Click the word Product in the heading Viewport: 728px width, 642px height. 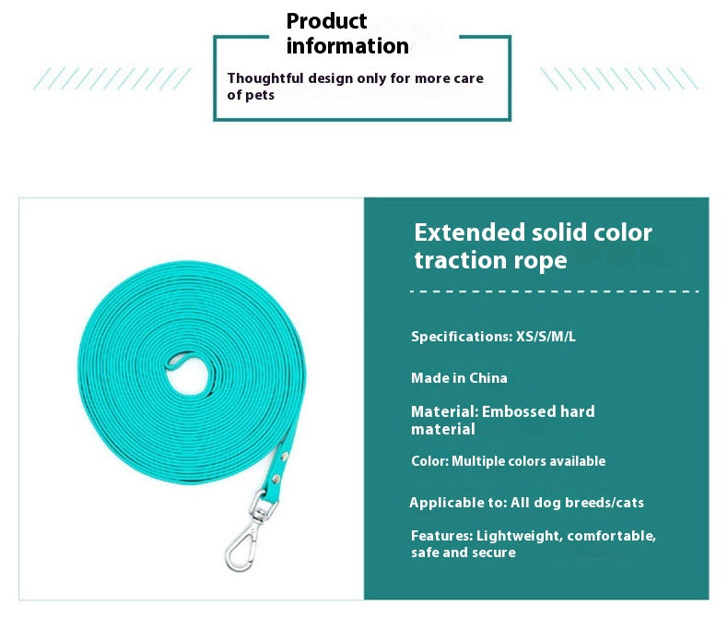tap(326, 21)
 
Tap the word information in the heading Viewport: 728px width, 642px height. tap(347, 46)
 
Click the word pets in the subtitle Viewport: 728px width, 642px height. tap(260, 95)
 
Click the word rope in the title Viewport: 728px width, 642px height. tap(540, 260)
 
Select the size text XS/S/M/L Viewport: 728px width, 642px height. tap(546, 336)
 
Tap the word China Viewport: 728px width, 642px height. tap(488, 378)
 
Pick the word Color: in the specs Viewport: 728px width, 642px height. tap(430, 461)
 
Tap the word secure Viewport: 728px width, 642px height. tap(498, 553)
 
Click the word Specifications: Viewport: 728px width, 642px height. tap(462, 337)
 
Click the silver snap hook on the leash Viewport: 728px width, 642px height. tap(241, 548)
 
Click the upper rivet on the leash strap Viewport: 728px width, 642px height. tap(284, 457)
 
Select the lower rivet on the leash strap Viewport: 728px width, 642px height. tap(276, 479)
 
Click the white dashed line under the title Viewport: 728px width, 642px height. tap(555, 291)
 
